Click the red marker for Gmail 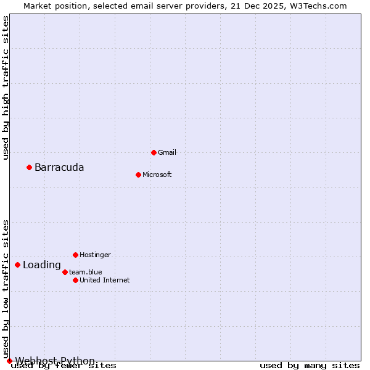[x=154, y=152]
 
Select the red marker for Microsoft [x=138, y=175]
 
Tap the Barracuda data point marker [x=29, y=167]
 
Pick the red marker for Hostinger [x=75, y=255]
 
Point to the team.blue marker [x=65, y=272]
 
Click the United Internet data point [x=75, y=280]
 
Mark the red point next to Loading [x=17, y=265]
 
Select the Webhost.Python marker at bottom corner [x=9, y=361]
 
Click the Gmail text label [x=167, y=152]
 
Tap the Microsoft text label [x=157, y=175]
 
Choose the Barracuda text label [x=59, y=168]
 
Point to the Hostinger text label [x=95, y=255]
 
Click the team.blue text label [x=85, y=272]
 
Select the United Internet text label [x=104, y=280]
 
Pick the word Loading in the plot [x=42, y=265]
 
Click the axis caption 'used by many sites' [x=310, y=366]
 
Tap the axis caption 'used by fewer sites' [x=64, y=366]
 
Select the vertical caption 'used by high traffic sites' [x=6, y=88]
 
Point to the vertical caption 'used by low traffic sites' [x=6, y=289]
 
